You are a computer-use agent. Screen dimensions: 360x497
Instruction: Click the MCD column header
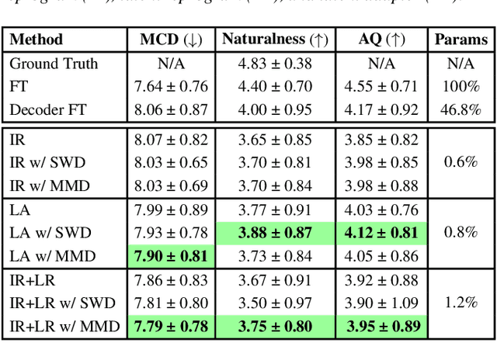(x=171, y=40)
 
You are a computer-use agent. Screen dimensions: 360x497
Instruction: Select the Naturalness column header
(x=274, y=40)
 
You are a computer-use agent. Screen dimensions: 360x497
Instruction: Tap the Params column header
(x=461, y=40)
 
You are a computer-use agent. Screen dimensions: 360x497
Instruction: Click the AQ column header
(x=381, y=40)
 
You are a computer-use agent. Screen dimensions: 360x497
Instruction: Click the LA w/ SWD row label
(x=47, y=232)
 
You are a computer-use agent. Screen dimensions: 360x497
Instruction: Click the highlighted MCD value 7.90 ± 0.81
(x=171, y=255)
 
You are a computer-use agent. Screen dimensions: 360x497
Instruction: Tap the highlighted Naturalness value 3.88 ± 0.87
(x=275, y=232)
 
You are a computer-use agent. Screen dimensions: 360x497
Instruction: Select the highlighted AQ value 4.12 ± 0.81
(x=381, y=232)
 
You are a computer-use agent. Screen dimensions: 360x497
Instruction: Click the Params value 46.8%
(x=461, y=109)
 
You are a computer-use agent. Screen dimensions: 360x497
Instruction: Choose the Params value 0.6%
(x=461, y=162)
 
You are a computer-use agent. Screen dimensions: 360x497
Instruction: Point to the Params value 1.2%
(x=461, y=303)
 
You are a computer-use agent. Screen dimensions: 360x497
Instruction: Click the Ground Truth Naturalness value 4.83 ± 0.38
(x=275, y=64)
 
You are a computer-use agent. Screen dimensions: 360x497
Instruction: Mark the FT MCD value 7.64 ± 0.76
(x=171, y=86)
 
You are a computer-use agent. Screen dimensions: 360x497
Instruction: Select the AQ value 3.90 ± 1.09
(x=381, y=303)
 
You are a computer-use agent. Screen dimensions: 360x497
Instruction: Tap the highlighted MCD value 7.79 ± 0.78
(x=171, y=326)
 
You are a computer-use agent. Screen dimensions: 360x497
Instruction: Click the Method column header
(x=36, y=40)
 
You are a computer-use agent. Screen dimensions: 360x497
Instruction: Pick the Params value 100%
(x=461, y=86)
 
